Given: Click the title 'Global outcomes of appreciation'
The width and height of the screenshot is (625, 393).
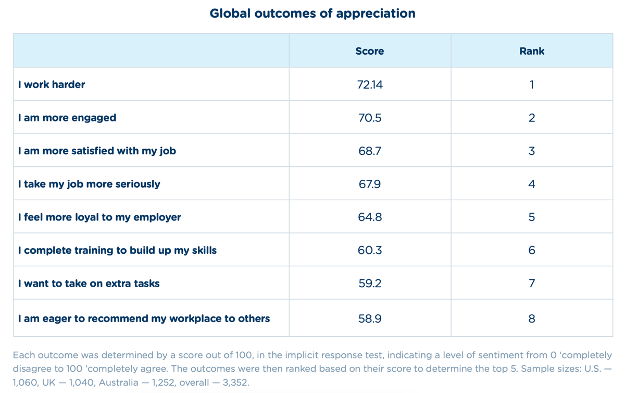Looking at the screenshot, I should pyautogui.click(x=312, y=14).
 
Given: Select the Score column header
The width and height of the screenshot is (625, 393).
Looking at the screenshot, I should pyautogui.click(x=370, y=51).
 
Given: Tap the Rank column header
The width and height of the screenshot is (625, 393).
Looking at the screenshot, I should pyautogui.click(x=532, y=51).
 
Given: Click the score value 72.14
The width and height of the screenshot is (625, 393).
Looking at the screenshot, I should pyautogui.click(x=370, y=84).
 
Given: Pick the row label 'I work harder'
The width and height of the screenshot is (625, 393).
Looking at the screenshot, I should pyautogui.click(x=52, y=84).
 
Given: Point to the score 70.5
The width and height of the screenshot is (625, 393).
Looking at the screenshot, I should pyautogui.click(x=370, y=118).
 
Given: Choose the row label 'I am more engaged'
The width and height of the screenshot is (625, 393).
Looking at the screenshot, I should pyautogui.click(x=67, y=118).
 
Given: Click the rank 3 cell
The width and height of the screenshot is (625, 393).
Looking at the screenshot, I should pyautogui.click(x=532, y=151).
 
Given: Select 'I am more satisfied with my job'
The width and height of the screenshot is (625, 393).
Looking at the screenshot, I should pyautogui.click(x=97, y=151).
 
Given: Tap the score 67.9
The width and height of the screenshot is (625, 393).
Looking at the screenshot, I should pyautogui.click(x=370, y=184).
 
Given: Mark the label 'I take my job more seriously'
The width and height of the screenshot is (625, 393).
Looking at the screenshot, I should pyautogui.click(x=89, y=184).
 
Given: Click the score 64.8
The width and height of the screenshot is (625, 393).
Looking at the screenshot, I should pyautogui.click(x=370, y=217).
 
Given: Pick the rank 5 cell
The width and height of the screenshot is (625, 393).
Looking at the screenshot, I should pyautogui.click(x=532, y=217).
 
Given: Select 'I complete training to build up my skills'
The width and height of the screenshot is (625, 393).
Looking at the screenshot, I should pyautogui.click(x=117, y=250).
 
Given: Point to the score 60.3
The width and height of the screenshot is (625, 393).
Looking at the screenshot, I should pyautogui.click(x=370, y=250).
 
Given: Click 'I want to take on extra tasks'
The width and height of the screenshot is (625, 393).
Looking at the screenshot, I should pyautogui.click(x=89, y=284).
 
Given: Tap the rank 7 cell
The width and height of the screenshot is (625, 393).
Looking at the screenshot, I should pyautogui.click(x=532, y=284).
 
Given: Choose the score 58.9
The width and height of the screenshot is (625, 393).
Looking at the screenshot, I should pyautogui.click(x=370, y=318).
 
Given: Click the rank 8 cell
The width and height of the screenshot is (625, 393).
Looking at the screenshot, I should pyautogui.click(x=532, y=318).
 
